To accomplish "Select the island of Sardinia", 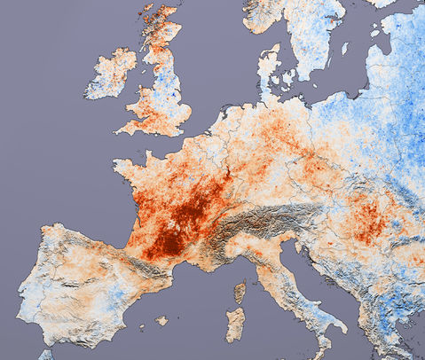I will [235, 324].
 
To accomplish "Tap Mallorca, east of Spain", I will [161, 320].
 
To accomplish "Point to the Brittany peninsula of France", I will [129, 167].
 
